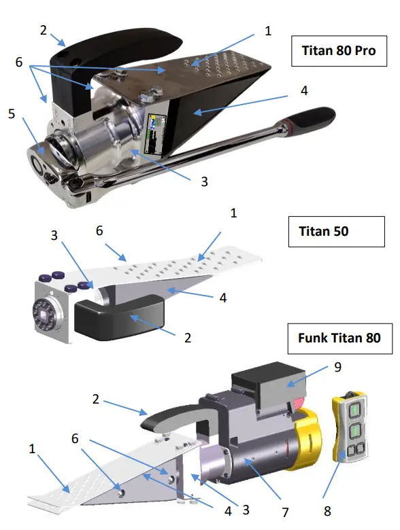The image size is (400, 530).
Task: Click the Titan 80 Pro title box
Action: [x=338, y=52]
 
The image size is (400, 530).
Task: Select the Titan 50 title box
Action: [x=324, y=231]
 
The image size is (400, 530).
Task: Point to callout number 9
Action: [x=338, y=367]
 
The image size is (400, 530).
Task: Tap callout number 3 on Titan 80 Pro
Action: [x=203, y=182]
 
